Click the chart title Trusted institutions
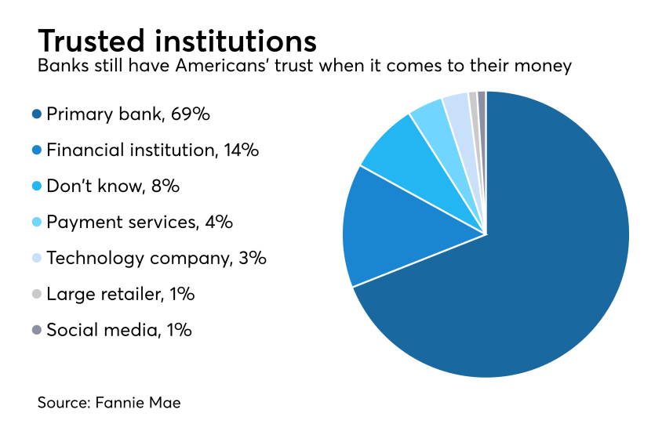pos(176,40)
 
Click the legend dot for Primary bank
pos(36,114)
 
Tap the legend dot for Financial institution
pos(36,150)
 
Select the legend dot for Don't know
pos(36,187)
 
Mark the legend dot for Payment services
pos(36,223)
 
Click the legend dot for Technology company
pos(36,259)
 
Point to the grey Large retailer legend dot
pos(36,295)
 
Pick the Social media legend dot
pos(36,331)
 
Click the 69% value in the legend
pos(191,114)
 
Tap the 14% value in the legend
pos(240,150)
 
